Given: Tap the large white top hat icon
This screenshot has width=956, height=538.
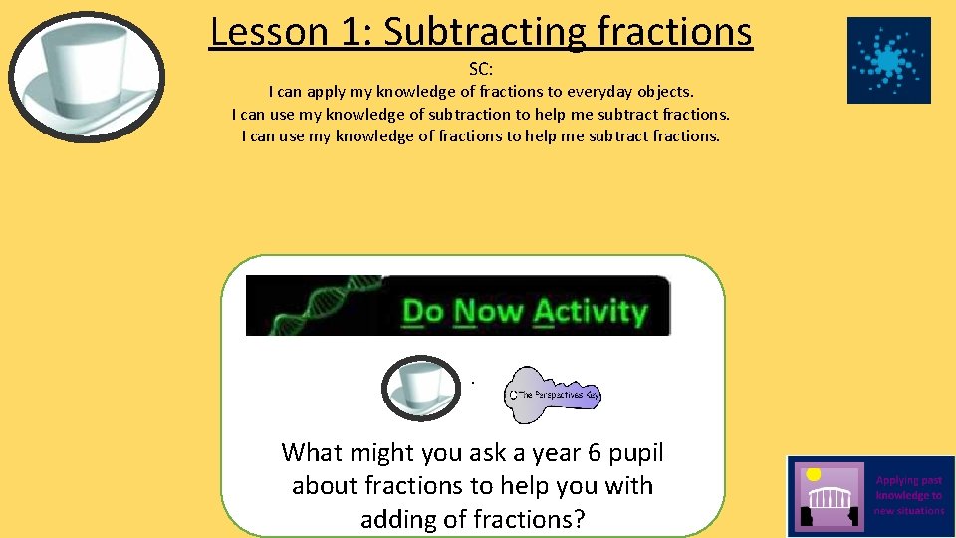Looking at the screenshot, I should pos(89,77).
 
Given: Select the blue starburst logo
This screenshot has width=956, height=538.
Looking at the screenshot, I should pos(888,60).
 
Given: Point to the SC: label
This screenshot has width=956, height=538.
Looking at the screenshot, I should pos(481,70).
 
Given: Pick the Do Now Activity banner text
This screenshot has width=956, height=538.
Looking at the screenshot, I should pos(524,311).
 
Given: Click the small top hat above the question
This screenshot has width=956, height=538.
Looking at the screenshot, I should pos(421,387).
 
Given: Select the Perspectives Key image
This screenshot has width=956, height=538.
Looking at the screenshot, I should pos(553,394).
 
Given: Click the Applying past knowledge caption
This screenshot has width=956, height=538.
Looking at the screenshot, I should pos(909,495).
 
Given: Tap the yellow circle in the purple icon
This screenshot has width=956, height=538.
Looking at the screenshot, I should pos(814,474).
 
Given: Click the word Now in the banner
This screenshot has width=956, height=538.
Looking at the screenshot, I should pos(489,311).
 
